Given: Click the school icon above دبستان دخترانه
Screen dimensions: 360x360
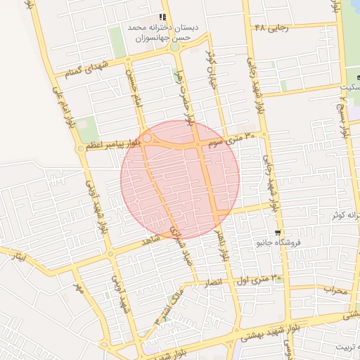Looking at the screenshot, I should [x=163, y=17].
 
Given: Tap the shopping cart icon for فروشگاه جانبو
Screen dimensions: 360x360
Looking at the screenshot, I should [x=278, y=233].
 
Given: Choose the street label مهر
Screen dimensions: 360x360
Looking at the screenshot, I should [x=79, y=288].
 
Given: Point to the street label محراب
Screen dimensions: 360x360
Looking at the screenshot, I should [x=335, y=289].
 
